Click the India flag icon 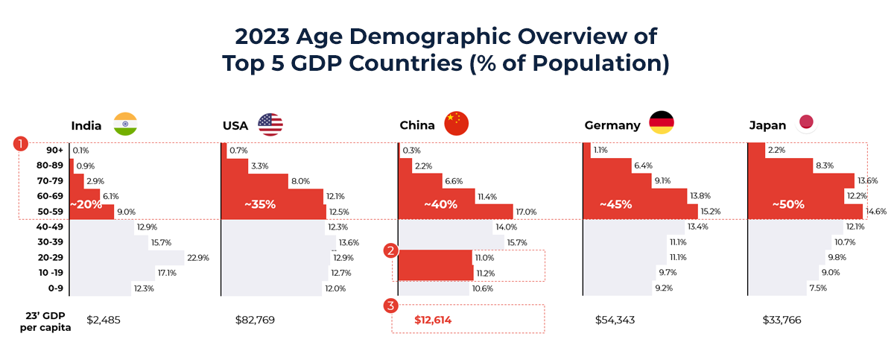coord(126,124)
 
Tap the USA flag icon coord(270,124)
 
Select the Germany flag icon coord(662,124)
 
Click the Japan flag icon coord(806,123)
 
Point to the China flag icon coord(457,124)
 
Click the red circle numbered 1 coord(23,143)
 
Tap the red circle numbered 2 coord(390,250)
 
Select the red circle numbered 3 coord(390,305)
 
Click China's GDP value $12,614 coord(433,320)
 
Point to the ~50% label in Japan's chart coord(787,204)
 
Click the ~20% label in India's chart coord(85,204)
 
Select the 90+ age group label coord(55,151)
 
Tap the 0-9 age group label coord(54,288)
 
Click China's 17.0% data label coord(525,212)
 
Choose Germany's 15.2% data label coord(710,212)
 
